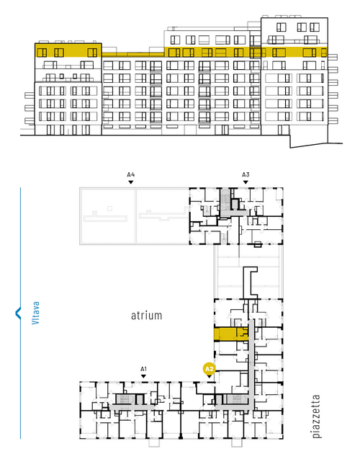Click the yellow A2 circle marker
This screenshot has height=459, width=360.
point(210,369)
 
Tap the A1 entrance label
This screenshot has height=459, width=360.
point(143,369)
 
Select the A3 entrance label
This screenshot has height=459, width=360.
point(246,175)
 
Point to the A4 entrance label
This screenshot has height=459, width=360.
point(131,175)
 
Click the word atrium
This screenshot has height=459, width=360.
point(146,316)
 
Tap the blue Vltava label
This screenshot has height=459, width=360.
point(35,313)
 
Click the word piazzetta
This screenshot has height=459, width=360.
point(316,416)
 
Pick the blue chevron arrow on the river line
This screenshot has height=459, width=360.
point(18,313)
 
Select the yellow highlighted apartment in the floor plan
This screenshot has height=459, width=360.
point(231,334)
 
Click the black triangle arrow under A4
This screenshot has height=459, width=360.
point(131,182)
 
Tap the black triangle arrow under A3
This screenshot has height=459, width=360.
point(246,182)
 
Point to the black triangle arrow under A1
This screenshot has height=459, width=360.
point(143,376)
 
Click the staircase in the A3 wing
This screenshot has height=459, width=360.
point(225,199)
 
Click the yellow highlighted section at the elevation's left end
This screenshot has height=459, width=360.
point(68,50)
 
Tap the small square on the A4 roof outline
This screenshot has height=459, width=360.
point(109,208)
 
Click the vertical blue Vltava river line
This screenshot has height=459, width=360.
point(20,313)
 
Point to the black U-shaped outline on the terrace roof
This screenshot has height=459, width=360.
point(251,282)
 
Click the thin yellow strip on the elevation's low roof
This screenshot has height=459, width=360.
point(132,55)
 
